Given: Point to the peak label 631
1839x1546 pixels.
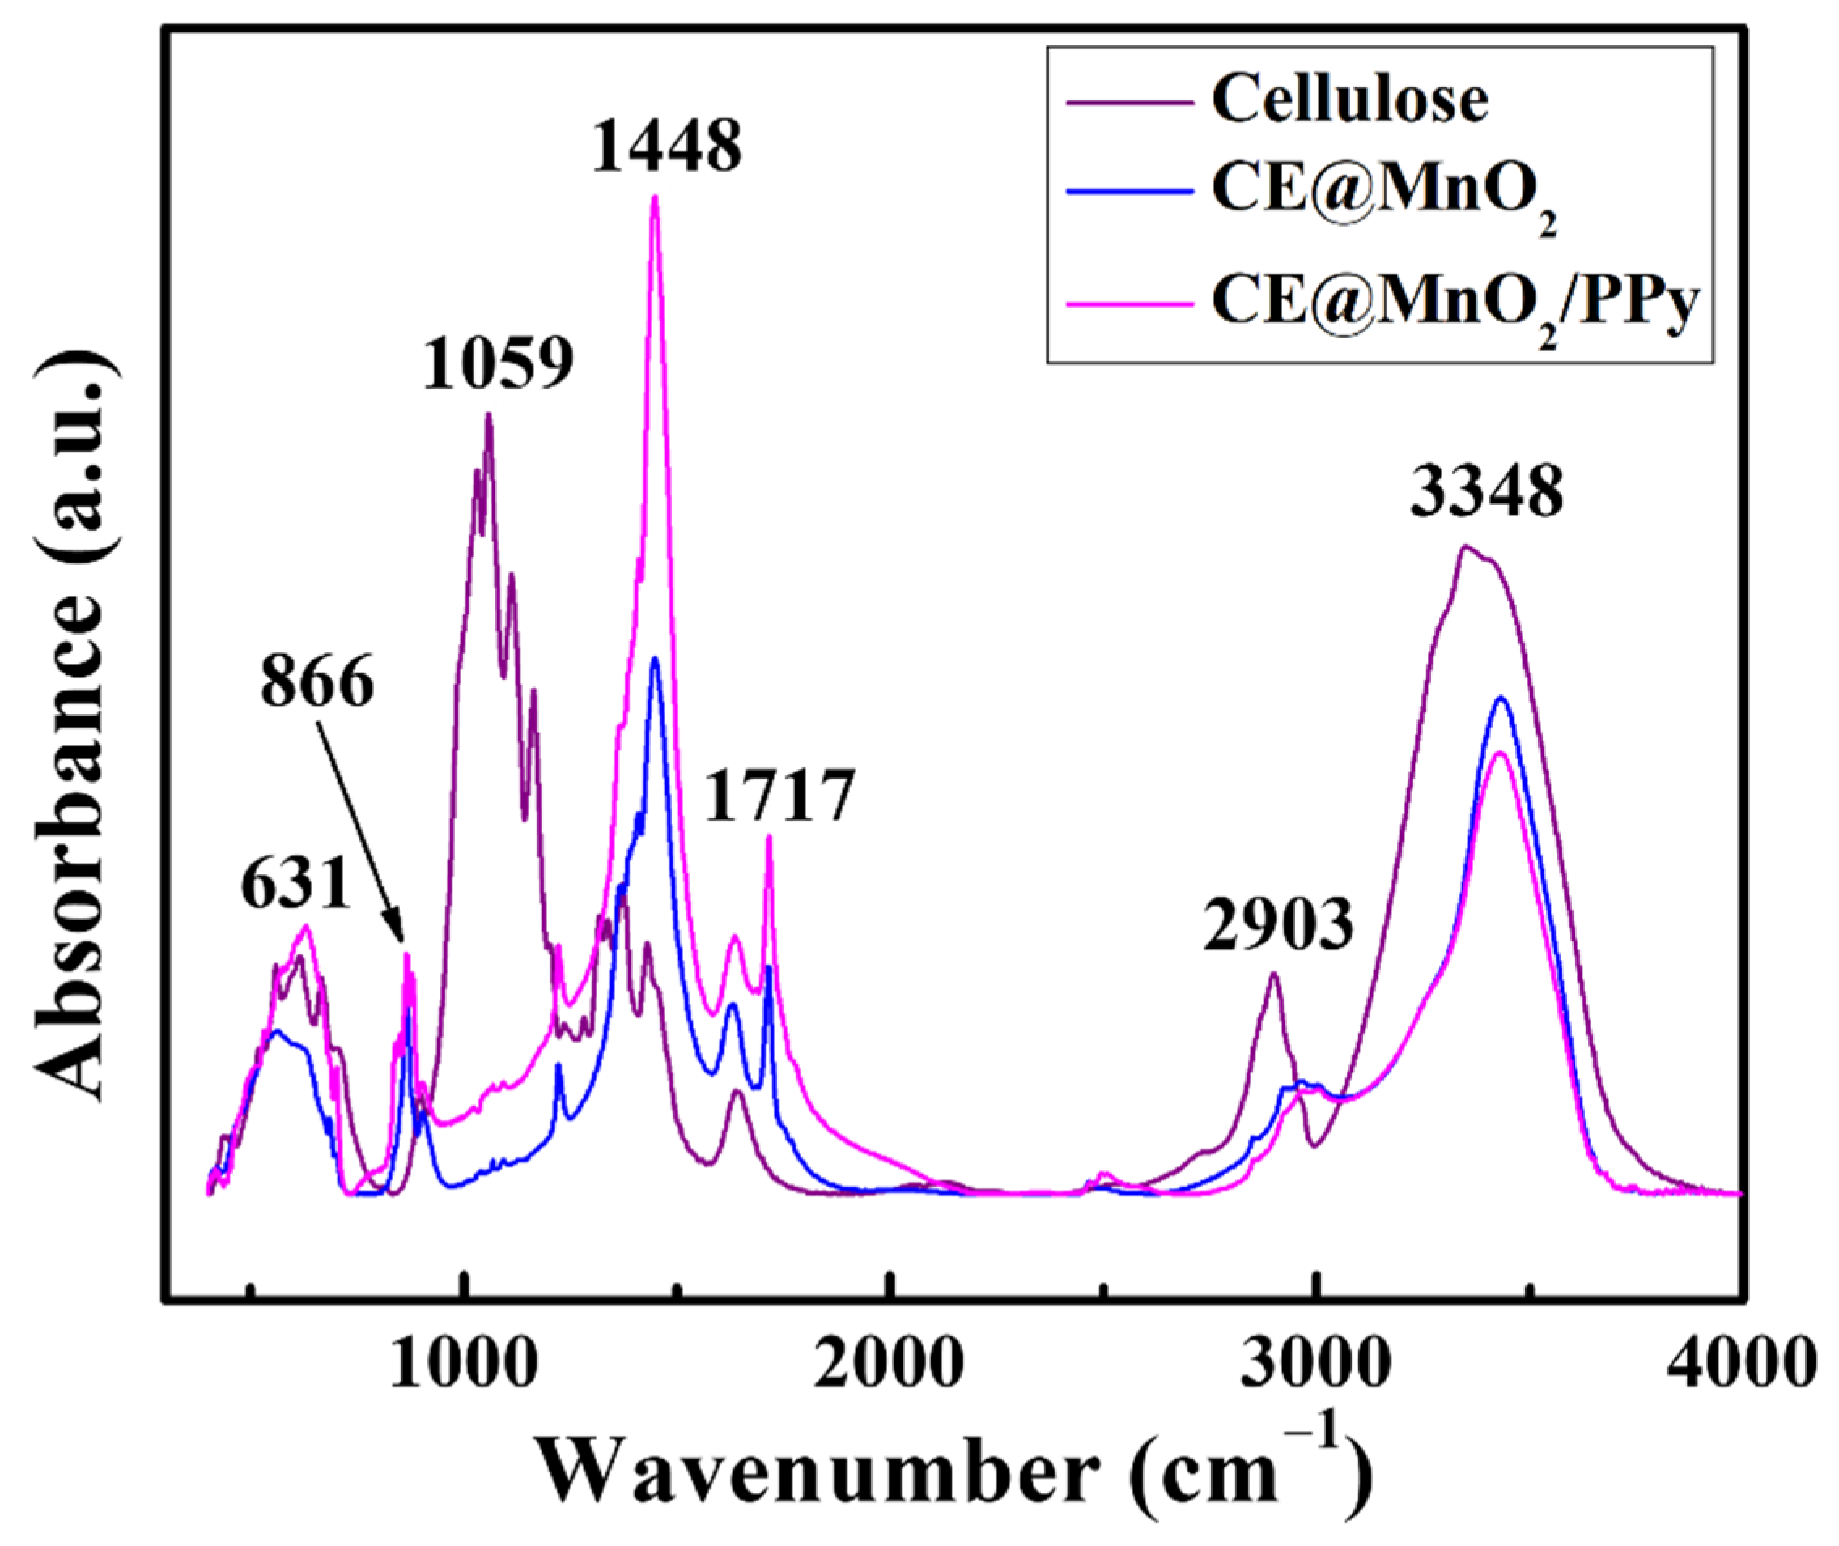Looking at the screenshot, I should pos(296,886).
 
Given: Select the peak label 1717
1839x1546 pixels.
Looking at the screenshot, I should pos(779,796).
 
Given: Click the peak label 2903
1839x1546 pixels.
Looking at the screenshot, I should pos(1278,925).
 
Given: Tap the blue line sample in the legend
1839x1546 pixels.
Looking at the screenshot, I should pos(1130,202).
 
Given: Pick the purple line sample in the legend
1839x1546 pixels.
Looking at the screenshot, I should pos(1130,102).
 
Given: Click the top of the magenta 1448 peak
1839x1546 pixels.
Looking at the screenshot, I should pos(655,197).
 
